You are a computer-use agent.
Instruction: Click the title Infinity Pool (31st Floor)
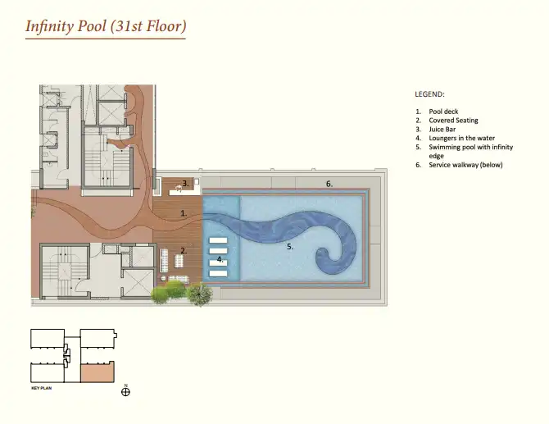click(x=106, y=26)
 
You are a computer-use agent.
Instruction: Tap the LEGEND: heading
click(x=429, y=94)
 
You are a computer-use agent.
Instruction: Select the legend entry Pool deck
click(x=443, y=112)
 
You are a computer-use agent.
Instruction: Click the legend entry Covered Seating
click(x=453, y=121)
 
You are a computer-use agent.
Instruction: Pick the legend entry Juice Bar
click(x=442, y=130)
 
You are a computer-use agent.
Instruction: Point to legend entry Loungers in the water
click(x=462, y=138)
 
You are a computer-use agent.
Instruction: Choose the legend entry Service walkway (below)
click(x=465, y=165)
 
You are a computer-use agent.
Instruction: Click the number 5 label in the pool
click(x=290, y=247)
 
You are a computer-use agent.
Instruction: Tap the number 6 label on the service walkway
click(x=329, y=184)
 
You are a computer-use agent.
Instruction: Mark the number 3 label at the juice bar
click(x=185, y=183)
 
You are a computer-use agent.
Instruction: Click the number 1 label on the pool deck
click(x=184, y=213)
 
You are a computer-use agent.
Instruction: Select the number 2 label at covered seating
click(x=184, y=251)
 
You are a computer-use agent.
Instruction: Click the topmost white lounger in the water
click(x=218, y=240)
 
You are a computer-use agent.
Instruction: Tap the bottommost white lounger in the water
click(x=218, y=273)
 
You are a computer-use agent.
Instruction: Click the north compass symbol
click(x=125, y=391)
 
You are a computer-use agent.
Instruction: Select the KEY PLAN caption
click(x=41, y=388)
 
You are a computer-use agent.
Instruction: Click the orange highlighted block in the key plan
click(x=98, y=372)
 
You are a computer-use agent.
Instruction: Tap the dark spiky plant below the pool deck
click(x=200, y=294)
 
